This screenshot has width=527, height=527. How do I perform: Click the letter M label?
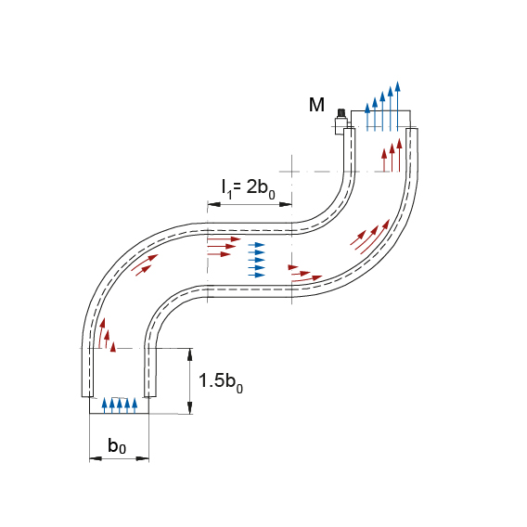tap(316, 105)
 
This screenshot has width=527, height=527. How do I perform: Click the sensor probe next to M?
tap(341, 121)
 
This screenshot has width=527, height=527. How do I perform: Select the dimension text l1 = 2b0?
tap(249, 189)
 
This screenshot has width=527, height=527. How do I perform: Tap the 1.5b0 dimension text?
tap(221, 382)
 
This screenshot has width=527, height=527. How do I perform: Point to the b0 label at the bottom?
tap(117, 446)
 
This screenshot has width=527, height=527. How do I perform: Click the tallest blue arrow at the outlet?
tap(398, 106)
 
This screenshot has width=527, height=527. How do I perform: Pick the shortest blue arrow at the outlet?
tap(367, 117)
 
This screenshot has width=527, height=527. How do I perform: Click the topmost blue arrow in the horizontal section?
tap(256, 245)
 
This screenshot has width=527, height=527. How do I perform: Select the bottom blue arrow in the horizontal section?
tap(256, 276)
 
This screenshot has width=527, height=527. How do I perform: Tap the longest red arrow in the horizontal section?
tap(225, 239)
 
